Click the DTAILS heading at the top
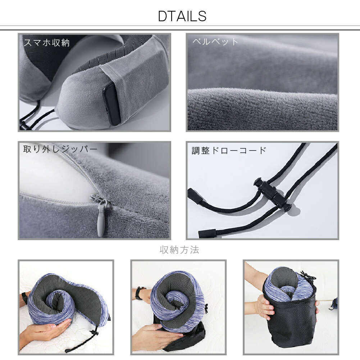182,16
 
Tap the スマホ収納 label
47,43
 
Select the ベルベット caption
215,42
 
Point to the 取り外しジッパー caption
60,149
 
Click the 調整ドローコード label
229,150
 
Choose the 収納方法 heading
179,250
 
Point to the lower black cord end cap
207,233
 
